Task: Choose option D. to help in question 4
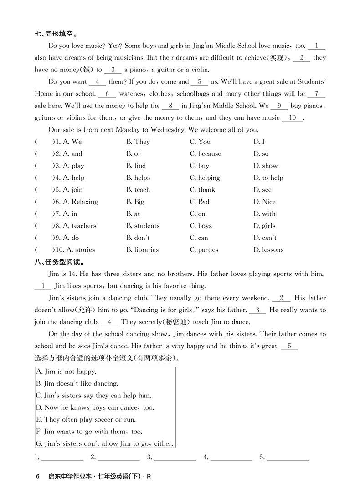coord(268,178)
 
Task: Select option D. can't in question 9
coord(265,238)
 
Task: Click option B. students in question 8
coord(143,226)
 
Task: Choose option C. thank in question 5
coord(202,190)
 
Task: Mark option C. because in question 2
coord(205,154)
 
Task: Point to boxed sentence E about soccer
coord(86,420)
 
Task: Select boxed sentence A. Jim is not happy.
coord(66,372)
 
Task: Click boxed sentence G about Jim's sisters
coord(104,443)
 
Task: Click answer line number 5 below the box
coord(288,457)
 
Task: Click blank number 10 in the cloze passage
coord(293,118)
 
